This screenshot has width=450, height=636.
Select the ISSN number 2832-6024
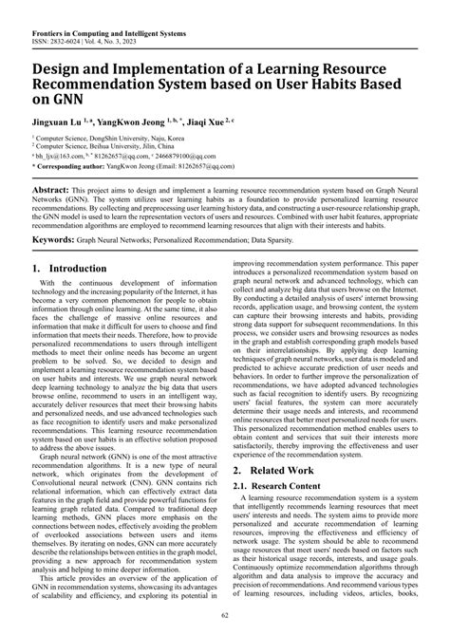61,19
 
